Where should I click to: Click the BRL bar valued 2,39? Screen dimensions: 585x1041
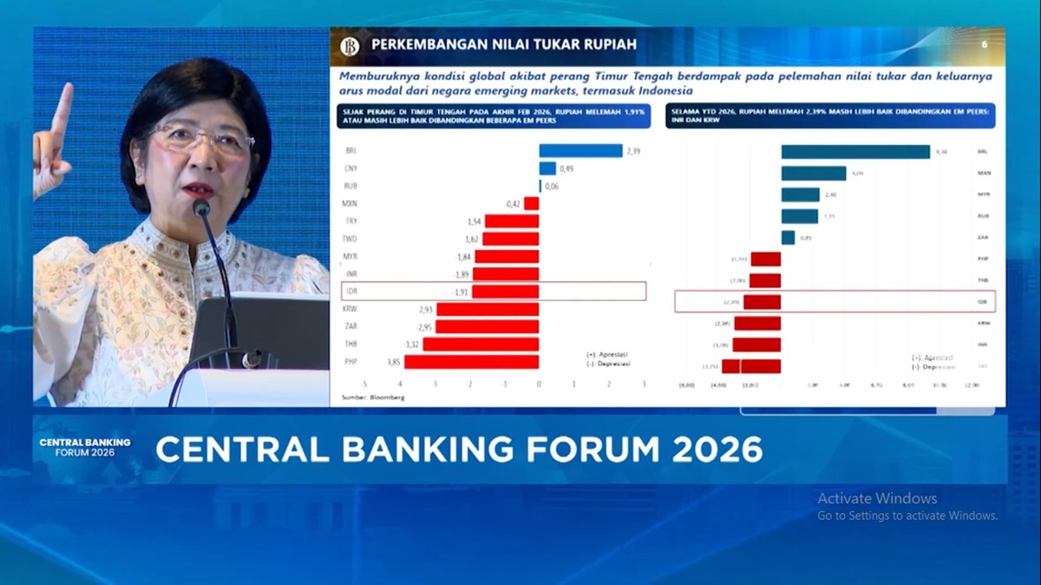[580, 151]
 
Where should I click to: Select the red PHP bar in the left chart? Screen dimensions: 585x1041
[471, 362]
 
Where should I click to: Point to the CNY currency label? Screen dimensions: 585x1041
[351, 168]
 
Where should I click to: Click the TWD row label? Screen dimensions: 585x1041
[351, 239]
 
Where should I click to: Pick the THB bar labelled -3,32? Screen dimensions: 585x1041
[481, 345]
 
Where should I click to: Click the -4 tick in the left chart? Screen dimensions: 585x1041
[399, 383]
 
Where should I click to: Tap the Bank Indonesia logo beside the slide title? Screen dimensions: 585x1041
[350, 46]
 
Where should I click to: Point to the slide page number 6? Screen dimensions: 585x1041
[985, 44]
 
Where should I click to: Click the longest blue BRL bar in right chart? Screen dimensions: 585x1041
[855, 152]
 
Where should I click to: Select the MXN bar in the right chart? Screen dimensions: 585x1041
[813, 174]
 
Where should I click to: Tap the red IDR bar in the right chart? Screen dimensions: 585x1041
[762, 302]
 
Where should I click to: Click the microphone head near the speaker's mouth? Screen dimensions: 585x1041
[201, 207]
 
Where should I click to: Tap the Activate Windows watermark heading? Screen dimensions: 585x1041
[877, 498]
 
